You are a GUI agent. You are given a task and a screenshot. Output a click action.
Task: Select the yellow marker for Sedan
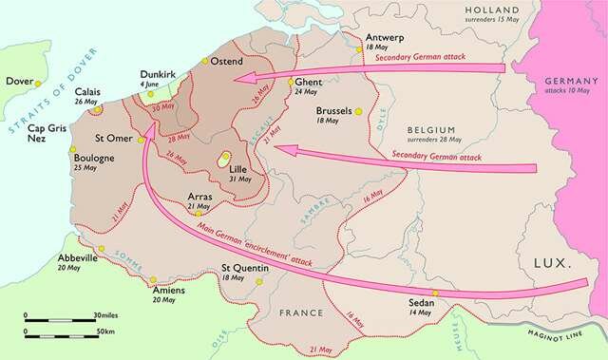(434, 293)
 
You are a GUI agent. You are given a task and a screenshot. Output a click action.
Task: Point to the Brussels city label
(337, 109)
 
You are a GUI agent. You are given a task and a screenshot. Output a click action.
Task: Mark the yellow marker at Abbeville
(101, 249)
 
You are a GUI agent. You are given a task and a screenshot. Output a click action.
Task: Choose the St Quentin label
(245, 269)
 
